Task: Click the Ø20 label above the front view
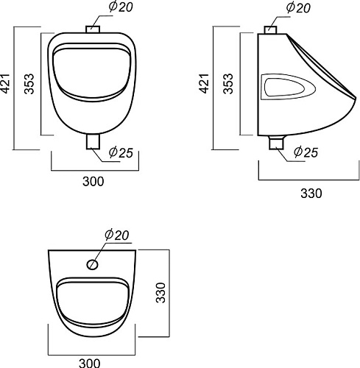[121, 7]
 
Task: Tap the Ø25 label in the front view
[121, 152]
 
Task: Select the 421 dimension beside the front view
[5, 83]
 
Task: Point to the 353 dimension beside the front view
[29, 84]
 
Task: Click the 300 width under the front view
[93, 182]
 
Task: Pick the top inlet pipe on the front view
[93, 29]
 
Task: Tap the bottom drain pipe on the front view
[93, 141]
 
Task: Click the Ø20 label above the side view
[298, 7]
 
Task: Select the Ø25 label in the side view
[306, 152]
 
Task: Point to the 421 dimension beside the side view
[204, 83]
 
